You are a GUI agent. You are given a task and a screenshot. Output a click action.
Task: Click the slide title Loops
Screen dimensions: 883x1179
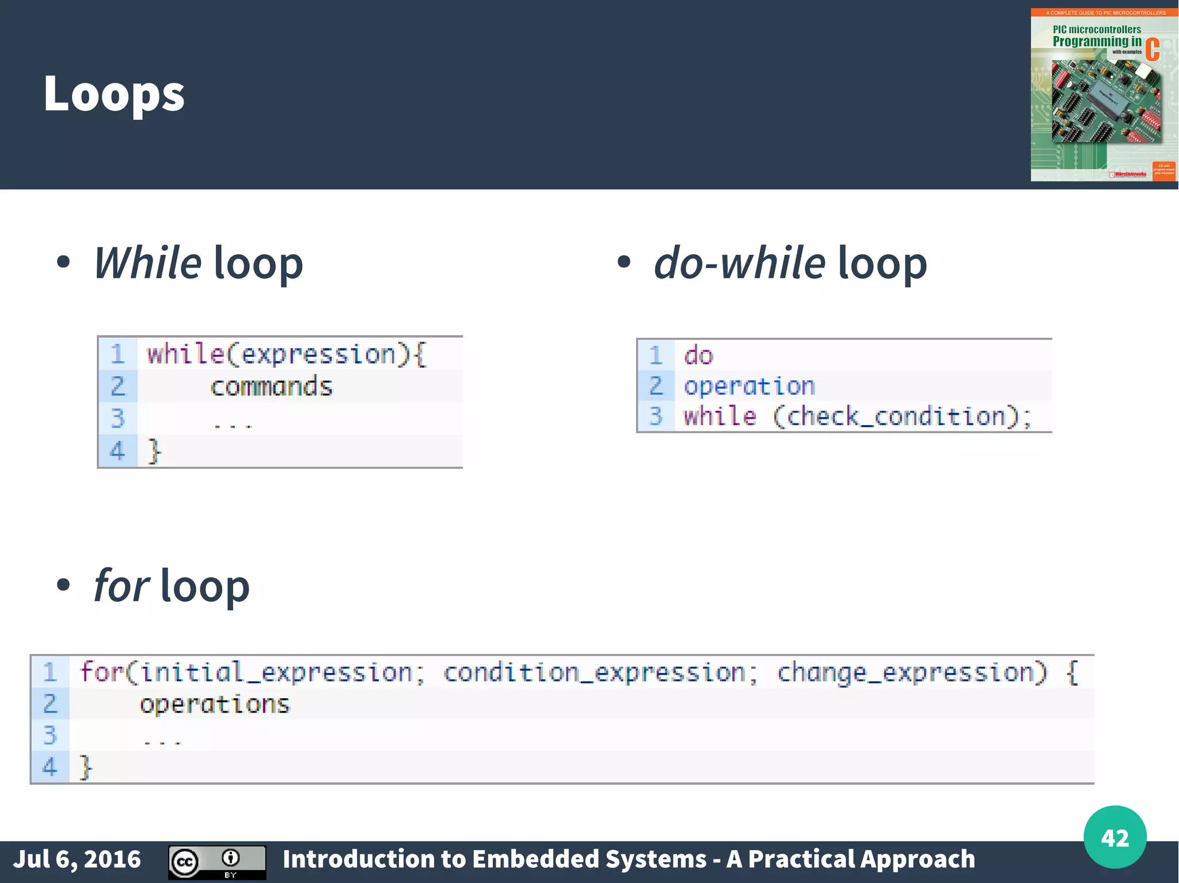[x=114, y=94]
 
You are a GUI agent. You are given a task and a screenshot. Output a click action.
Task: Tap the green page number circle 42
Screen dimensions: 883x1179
[x=1115, y=837]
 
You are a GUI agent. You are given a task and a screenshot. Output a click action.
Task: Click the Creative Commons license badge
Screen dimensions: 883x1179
[x=217, y=862]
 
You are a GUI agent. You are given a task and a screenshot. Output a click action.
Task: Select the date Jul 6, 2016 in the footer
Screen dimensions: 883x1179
[x=77, y=859]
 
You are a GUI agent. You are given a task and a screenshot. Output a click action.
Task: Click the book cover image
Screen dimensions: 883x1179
[x=1104, y=95]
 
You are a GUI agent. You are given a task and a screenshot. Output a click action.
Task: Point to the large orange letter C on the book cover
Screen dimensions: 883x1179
[x=1152, y=49]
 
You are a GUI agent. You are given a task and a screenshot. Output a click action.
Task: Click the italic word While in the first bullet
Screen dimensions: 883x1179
[x=148, y=263]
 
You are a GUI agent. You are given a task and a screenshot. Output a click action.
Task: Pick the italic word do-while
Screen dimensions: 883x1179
[x=740, y=263]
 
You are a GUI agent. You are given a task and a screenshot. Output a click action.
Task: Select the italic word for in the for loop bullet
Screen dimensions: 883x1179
[x=121, y=586]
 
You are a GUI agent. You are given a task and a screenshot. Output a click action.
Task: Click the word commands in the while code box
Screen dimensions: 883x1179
[x=271, y=386]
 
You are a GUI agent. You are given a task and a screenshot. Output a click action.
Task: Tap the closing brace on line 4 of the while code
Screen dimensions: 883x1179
[x=154, y=450]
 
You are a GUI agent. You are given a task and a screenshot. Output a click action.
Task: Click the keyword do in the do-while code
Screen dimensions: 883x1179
[x=698, y=356]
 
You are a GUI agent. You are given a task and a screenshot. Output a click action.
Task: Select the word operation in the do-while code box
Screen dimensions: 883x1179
[x=749, y=386]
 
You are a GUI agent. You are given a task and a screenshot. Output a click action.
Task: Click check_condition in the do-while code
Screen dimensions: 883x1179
[x=896, y=416]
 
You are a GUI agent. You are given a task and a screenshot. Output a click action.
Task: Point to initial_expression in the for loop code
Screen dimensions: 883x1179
[x=276, y=672]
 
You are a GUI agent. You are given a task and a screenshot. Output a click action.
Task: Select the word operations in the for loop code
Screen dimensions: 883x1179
[x=215, y=704]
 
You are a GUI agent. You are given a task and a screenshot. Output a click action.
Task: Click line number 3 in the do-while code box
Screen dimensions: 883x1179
[x=656, y=416]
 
